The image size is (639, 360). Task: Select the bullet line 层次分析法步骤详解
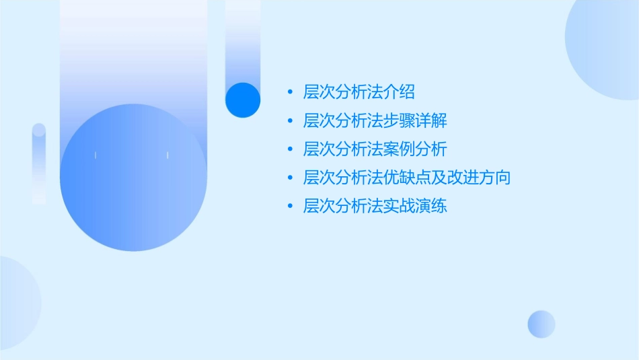(375, 121)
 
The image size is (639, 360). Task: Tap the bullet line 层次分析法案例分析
(375, 149)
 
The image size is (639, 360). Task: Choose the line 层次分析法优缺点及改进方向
(407, 178)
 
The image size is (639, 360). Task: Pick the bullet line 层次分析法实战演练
(375, 206)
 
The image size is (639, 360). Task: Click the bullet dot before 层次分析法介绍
(289, 92)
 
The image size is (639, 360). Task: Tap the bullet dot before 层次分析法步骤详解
(289, 121)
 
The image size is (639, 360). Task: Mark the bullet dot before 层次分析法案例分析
(289, 149)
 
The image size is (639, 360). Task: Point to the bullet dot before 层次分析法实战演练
(289, 206)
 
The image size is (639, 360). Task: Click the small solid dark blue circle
(243, 100)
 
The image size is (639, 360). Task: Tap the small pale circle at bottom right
(541, 324)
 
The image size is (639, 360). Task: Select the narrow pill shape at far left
(39, 164)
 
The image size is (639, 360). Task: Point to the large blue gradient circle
(133, 178)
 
